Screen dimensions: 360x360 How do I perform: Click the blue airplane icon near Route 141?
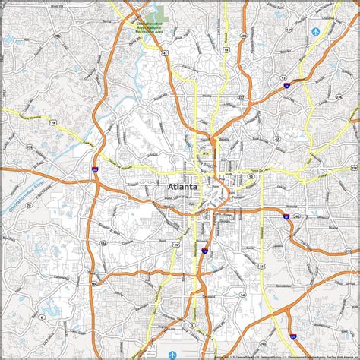click(x=315, y=32)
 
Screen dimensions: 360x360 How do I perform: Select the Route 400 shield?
click(x=242, y=36)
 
